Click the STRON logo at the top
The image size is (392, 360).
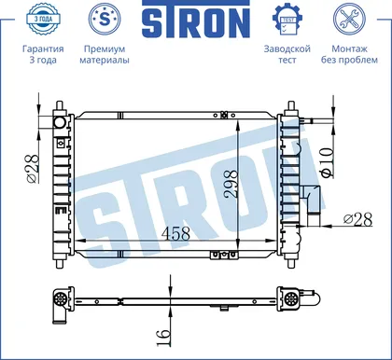coord(196,21)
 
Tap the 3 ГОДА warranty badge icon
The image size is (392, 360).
coord(43,19)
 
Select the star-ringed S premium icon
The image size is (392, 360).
coord(105,19)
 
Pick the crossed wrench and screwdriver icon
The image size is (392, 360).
coord(349,19)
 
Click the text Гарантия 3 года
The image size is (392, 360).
coord(43,54)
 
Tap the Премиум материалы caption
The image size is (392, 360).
coord(105,54)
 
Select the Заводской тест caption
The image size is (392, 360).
coord(287,54)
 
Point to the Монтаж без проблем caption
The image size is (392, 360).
coord(349,54)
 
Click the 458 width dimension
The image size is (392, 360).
coord(176,233)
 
